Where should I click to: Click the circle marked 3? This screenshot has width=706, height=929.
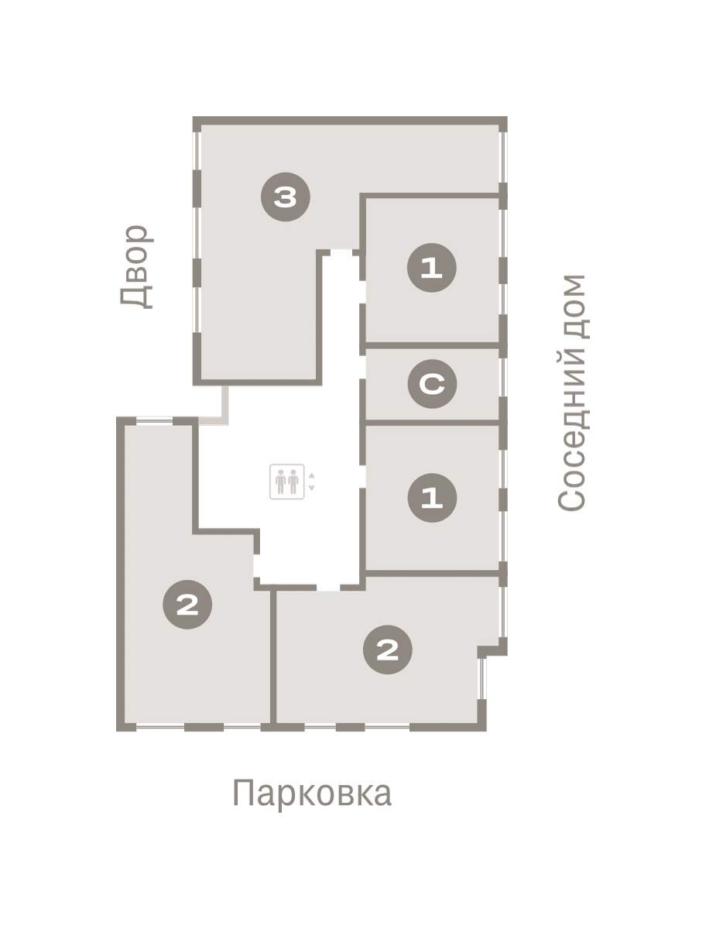tap(285, 197)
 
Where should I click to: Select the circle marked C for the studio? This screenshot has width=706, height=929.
tap(432, 384)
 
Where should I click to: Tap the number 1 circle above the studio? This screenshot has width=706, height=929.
tap(431, 268)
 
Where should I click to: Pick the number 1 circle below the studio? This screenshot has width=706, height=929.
tap(432, 498)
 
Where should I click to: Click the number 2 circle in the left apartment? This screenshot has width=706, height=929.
tap(187, 605)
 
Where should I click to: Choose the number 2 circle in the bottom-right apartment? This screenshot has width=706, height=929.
tap(388, 650)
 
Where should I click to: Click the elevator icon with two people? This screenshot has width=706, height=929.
tap(286, 482)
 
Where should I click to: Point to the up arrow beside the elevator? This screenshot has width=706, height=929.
tap(312, 475)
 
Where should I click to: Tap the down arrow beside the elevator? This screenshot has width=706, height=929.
tap(312, 488)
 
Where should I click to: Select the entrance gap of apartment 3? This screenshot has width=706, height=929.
tap(341, 252)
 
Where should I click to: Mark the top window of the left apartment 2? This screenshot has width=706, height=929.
tap(154, 420)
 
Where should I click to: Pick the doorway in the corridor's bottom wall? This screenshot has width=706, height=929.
tap(328, 588)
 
